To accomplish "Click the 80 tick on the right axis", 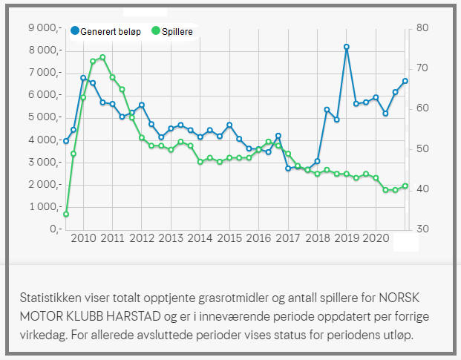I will click(423, 28).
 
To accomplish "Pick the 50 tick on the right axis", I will click(423, 148).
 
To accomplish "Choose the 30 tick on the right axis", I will click(423, 229).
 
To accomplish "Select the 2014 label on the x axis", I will click(200, 238).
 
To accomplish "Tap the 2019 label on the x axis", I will click(346, 238).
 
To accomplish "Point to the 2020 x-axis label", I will click(376, 238).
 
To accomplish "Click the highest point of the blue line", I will click(347, 47).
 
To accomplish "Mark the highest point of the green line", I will click(102, 57).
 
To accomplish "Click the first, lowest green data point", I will click(66, 214).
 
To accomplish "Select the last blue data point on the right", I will click(405, 81).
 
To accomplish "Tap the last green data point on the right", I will click(405, 186).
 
